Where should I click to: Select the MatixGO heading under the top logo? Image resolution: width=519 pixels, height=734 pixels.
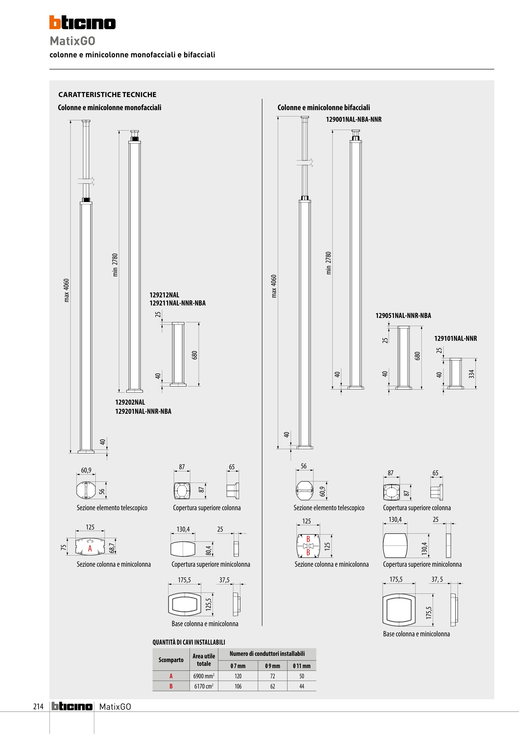coord(73,41)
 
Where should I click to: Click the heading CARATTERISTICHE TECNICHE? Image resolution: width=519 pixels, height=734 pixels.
coord(107,95)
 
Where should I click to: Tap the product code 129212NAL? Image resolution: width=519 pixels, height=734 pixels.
coord(164,295)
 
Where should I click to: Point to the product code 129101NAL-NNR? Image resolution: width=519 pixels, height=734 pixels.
coord(455,338)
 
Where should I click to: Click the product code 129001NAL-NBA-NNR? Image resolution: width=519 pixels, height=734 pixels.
coord(354,119)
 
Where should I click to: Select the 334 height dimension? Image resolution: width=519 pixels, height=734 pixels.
coord(471,374)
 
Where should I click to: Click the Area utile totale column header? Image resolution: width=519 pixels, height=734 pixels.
coord(204,660)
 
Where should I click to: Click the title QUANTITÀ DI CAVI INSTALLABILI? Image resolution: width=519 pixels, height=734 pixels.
coord(189,642)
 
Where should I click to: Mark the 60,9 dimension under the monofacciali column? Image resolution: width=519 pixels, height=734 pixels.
coord(86,470)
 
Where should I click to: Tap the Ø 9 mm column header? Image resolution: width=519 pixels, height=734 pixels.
coord(272,666)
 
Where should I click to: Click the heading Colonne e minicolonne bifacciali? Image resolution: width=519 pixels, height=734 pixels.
coord(324,107)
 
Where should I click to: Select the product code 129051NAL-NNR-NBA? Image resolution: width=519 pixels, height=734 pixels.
coord(403,315)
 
